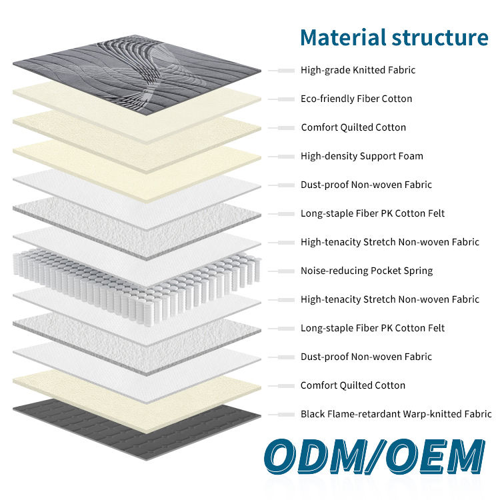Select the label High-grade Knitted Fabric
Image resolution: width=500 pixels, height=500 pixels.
(358, 70)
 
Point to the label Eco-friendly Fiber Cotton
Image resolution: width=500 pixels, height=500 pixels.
(356, 99)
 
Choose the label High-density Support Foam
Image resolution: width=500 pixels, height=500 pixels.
(361, 156)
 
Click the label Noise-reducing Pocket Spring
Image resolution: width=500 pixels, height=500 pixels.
(366, 271)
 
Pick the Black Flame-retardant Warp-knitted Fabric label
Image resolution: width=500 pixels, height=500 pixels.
(396, 414)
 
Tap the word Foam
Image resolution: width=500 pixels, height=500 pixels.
(410, 156)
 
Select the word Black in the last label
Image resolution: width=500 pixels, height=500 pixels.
(313, 414)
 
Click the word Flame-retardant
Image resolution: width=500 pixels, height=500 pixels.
(364, 414)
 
